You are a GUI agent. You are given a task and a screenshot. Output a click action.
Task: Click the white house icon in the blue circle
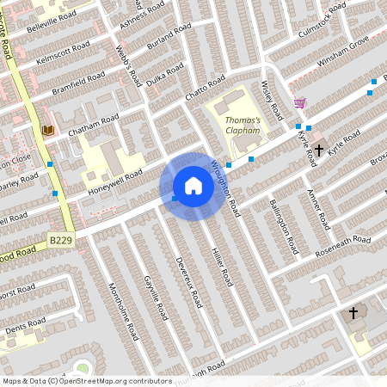[193, 186]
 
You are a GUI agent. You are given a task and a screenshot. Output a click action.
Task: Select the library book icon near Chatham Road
[48, 130]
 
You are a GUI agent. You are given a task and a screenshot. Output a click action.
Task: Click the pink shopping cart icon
[299, 103]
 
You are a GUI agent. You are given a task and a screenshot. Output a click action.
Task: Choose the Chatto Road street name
[204, 94]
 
